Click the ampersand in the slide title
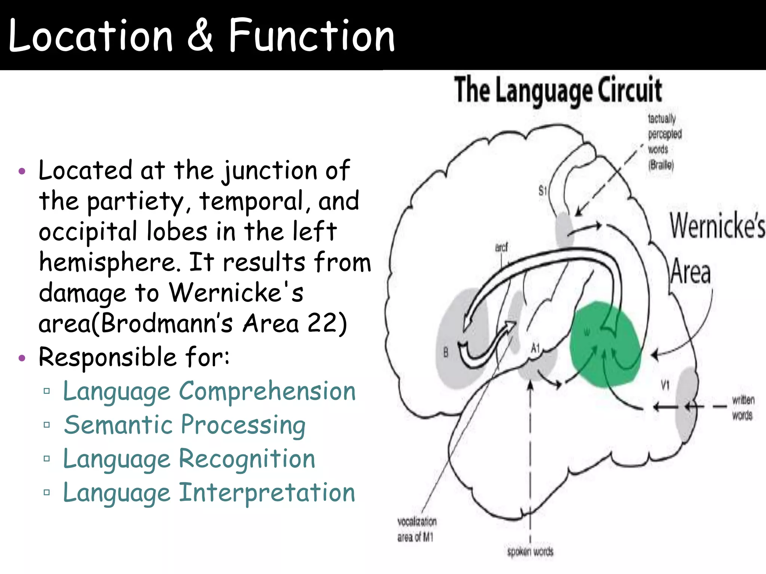point(200,36)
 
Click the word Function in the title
point(312,36)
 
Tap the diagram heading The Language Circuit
point(558,90)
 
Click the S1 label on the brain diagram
point(543,191)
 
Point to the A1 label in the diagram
point(536,348)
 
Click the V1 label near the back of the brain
point(665,385)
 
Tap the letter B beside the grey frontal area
point(445,352)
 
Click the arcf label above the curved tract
point(502,247)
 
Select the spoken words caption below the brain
point(530,552)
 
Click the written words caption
point(743,408)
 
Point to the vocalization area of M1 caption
point(416,529)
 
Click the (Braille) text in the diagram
point(661,164)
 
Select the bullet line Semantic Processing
point(184,425)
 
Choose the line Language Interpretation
point(209,493)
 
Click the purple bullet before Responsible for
point(22,358)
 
